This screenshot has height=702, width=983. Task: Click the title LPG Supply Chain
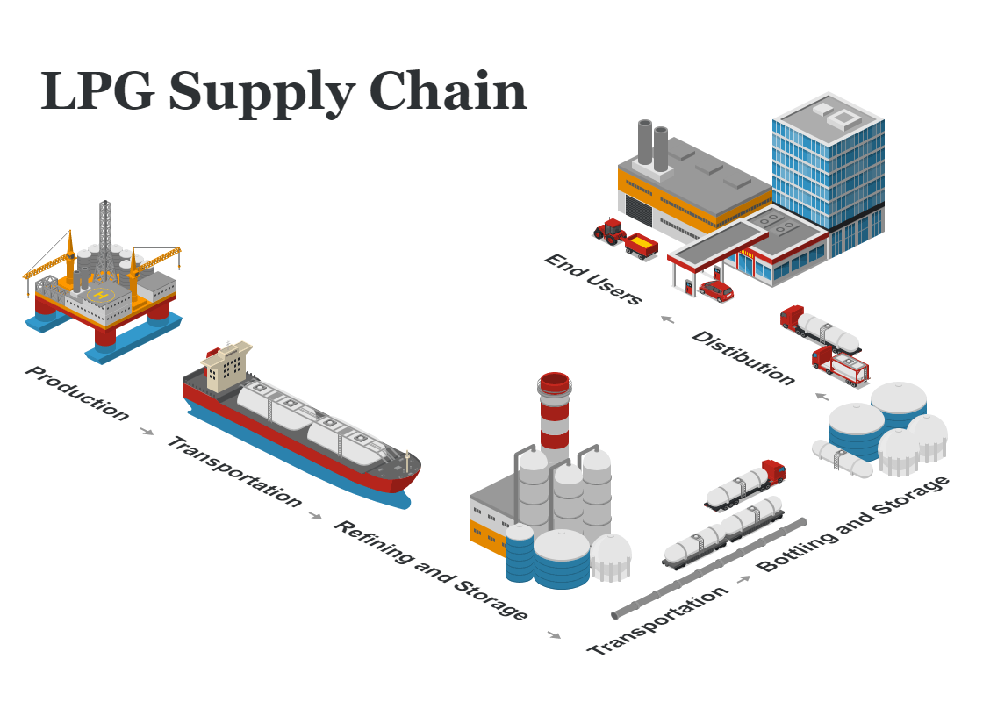click(x=283, y=90)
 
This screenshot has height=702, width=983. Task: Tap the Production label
click(x=77, y=392)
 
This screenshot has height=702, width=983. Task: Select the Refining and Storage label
click(x=431, y=569)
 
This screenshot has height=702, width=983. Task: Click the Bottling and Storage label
click(x=854, y=524)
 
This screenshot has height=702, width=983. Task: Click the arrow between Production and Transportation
click(x=147, y=431)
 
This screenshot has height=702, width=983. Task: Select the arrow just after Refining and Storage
click(x=554, y=634)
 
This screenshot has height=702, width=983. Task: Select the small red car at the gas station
click(x=716, y=290)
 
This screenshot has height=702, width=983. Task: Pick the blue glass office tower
click(x=829, y=175)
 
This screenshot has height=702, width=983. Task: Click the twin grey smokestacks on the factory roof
click(x=652, y=145)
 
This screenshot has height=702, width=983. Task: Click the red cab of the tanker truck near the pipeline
click(x=772, y=471)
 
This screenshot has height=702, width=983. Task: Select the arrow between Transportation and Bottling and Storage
click(x=745, y=579)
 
